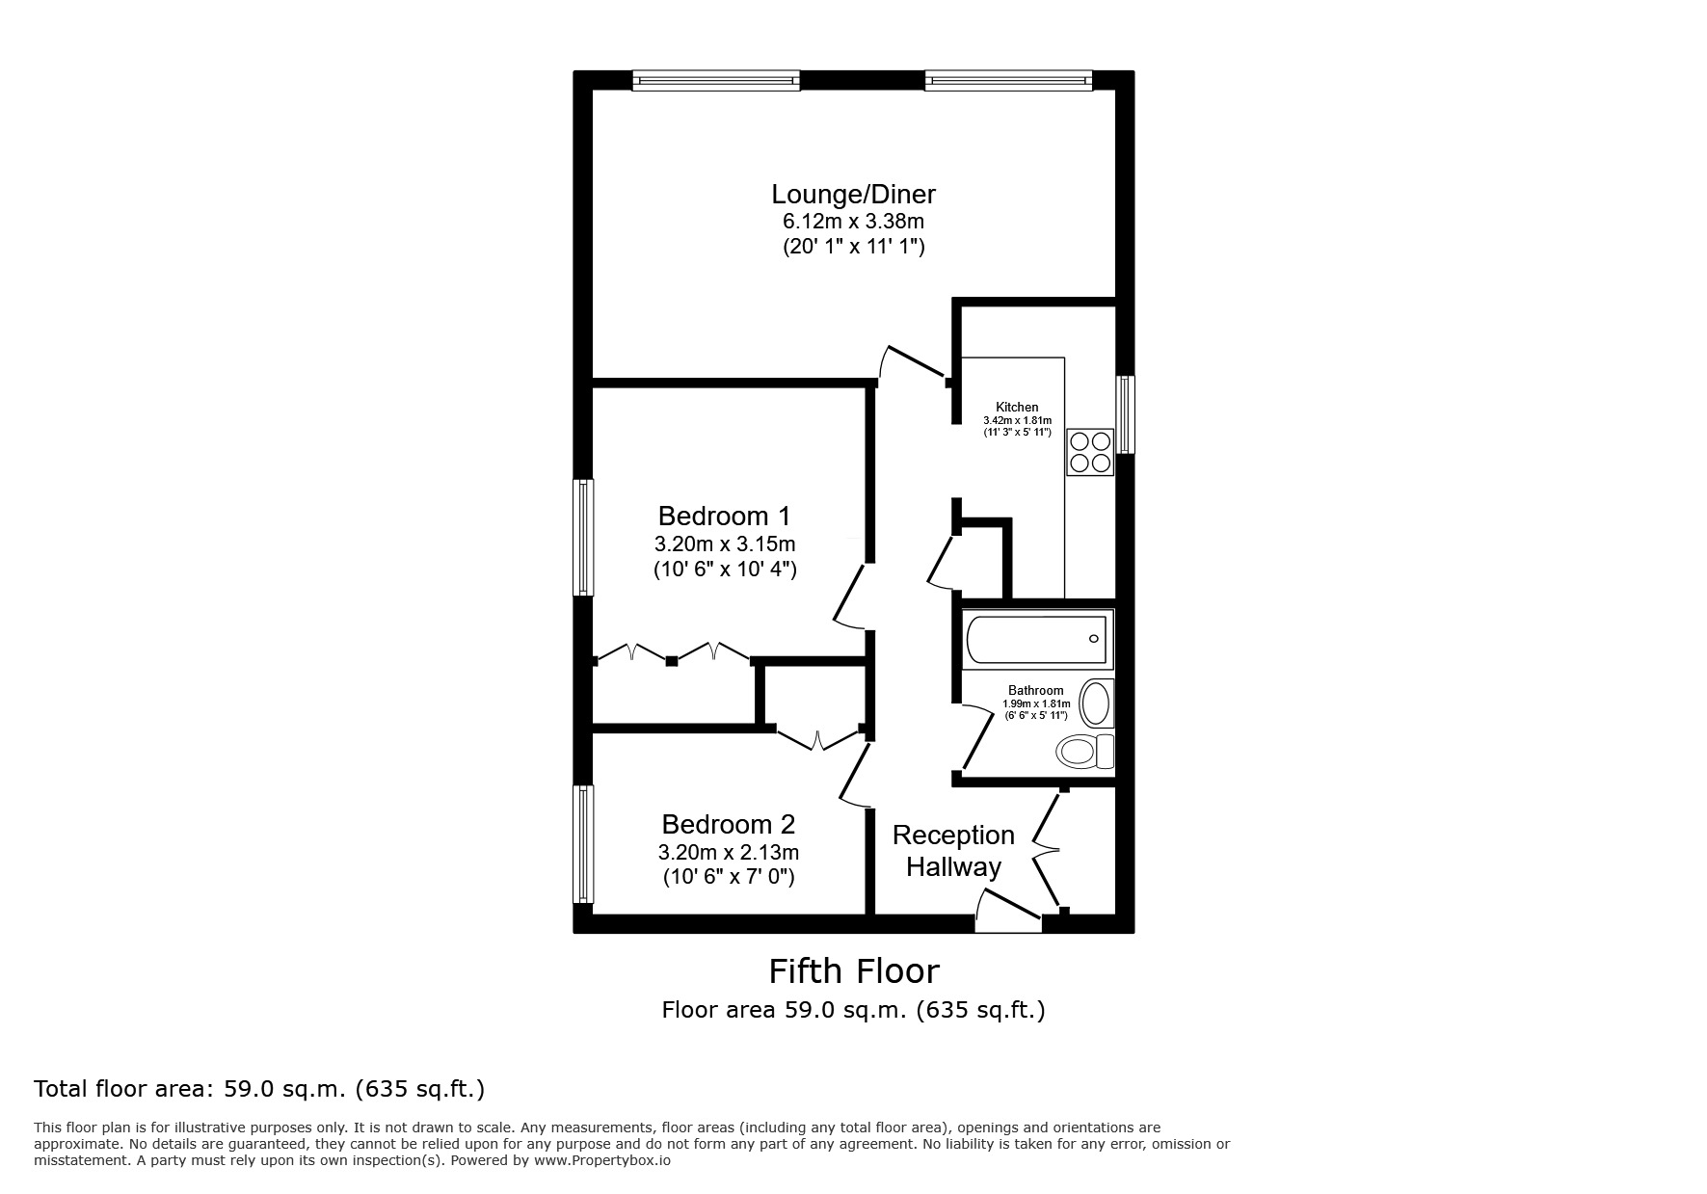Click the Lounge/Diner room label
pyautogui.click(x=853, y=195)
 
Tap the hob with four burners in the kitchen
pyautogui.click(x=1090, y=452)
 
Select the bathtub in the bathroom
pyautogui.click(x=1037, y=638)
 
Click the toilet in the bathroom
pyautogui.click(x=1083, y=751)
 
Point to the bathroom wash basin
pyautogui.click(x=1096, y=703)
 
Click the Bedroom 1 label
pyautogui.click(x=724, y=516)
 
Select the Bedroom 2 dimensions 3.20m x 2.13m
pyautogui.click(x=728, y=853)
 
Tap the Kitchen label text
pyautogui.click(x=1017, y=408)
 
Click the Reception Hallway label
pyautogui.click(x=952, y=851)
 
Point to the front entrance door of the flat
pyautogui.click(x=1007, y=915)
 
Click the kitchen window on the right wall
pyautogui.click(x=1125, y=414)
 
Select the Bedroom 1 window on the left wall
pyautogui.click(x=582, y=538)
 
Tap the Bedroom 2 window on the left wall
pyautogui.click(x=582, y=844)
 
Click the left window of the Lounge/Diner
pyautogui.click(x=716, y=81)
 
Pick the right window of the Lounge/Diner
pyautogui.click(x=1008, y=81)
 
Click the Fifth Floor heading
pyautogui.click(x=853, y=971)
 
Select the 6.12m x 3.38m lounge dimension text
pyautogui.click(x=853, y=222)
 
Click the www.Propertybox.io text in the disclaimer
pyautogui.click(x=601, y=1161)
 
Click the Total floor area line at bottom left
pyautogui.click(x=259, y=1090)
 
